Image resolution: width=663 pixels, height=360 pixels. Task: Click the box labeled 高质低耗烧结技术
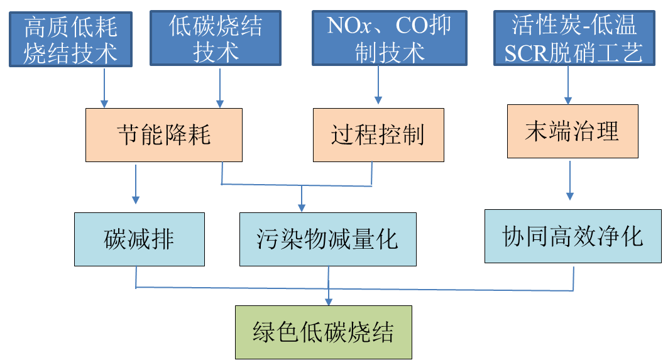point(70,39)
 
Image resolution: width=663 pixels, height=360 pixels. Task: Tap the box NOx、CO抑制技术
point(390,39)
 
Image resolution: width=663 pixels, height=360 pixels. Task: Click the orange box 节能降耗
point(163,135)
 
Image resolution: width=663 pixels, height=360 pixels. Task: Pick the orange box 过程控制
point(378,135)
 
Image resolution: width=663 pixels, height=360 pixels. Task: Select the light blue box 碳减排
point(139,239)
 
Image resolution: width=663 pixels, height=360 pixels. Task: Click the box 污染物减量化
point(327,239)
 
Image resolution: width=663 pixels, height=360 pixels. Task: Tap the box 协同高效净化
point(573,236)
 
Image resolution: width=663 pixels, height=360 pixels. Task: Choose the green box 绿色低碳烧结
point(323,332)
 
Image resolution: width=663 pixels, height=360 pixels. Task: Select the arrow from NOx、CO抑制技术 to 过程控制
point(378,85)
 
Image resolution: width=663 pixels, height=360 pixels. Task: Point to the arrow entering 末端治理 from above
point(568,85)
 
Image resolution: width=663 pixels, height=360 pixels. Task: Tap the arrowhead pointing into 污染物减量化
point(302,207)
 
